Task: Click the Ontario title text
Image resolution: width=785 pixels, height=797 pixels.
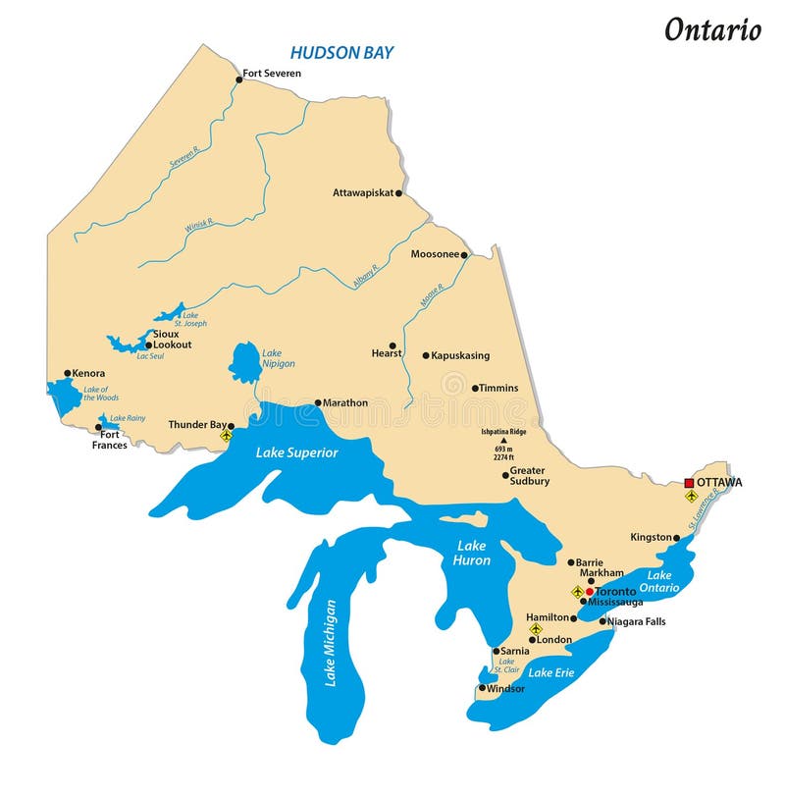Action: (712, 29)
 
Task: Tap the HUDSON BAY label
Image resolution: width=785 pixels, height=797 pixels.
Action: (341, 51)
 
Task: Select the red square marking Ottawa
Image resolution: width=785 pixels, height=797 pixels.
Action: (689, 482)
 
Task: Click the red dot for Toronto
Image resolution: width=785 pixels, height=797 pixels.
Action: (590, 592)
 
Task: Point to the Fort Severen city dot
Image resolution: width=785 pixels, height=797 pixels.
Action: (238, 74)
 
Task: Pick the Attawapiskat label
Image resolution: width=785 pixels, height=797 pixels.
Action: (362, 192)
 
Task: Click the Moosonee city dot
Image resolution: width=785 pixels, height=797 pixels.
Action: (465, 254)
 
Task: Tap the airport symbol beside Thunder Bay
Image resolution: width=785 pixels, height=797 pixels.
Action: (227, 435)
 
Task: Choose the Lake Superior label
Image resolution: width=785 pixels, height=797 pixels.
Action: (296, 452)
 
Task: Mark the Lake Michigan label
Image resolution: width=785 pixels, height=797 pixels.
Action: (331, 643)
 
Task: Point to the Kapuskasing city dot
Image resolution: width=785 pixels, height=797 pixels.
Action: (426, 355)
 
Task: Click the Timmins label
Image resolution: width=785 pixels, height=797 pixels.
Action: (499, 388)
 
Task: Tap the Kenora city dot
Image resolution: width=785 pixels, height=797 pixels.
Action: (68, 373)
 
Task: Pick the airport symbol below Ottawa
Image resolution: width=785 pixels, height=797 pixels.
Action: (691, 497)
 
